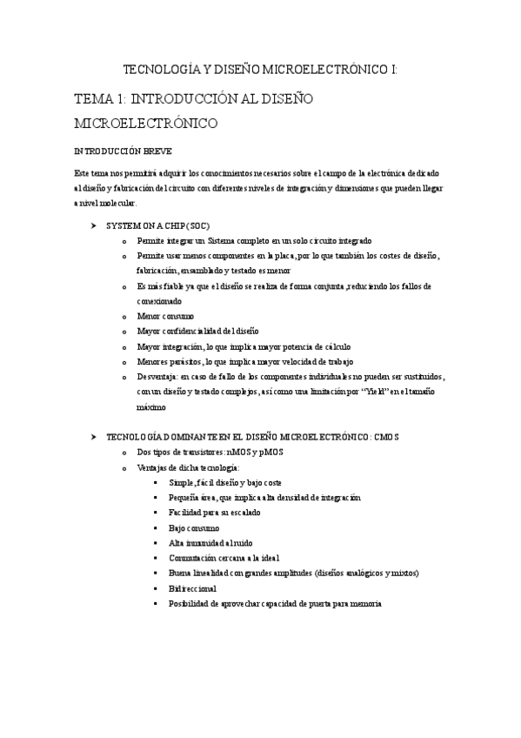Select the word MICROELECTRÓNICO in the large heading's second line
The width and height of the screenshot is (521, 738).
click(x=146, y=124)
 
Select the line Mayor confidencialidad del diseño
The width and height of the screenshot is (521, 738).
click(x=197, y=332)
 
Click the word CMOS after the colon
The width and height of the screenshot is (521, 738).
click(x=385, y=437)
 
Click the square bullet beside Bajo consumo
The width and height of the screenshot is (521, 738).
click(x=155, y=528)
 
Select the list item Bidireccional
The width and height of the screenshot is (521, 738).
click(x=193, y=588)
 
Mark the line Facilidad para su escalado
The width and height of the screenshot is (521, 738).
click(x=214, y=513)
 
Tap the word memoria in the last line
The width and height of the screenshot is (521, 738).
click(x=363, y=603)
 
